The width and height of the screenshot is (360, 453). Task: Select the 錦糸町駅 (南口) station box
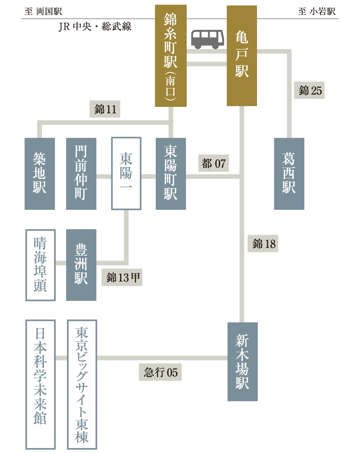171,56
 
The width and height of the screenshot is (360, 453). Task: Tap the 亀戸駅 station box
242,56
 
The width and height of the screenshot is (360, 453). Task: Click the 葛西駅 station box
289,173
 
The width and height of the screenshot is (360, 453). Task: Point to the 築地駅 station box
40,173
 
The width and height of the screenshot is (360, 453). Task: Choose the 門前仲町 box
81,173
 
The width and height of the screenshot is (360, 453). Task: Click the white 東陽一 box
126,173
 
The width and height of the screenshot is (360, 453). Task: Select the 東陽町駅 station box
171,173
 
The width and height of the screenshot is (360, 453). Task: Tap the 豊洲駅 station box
81,265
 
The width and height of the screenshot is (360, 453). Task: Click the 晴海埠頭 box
40,265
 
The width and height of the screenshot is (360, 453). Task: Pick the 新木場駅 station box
242,362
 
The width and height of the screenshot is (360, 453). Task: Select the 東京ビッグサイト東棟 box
82,384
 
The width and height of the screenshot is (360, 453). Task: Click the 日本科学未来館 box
40,384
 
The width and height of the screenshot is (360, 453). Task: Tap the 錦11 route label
105,110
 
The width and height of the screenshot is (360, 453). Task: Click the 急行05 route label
160,372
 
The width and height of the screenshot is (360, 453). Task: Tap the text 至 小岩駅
316,12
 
